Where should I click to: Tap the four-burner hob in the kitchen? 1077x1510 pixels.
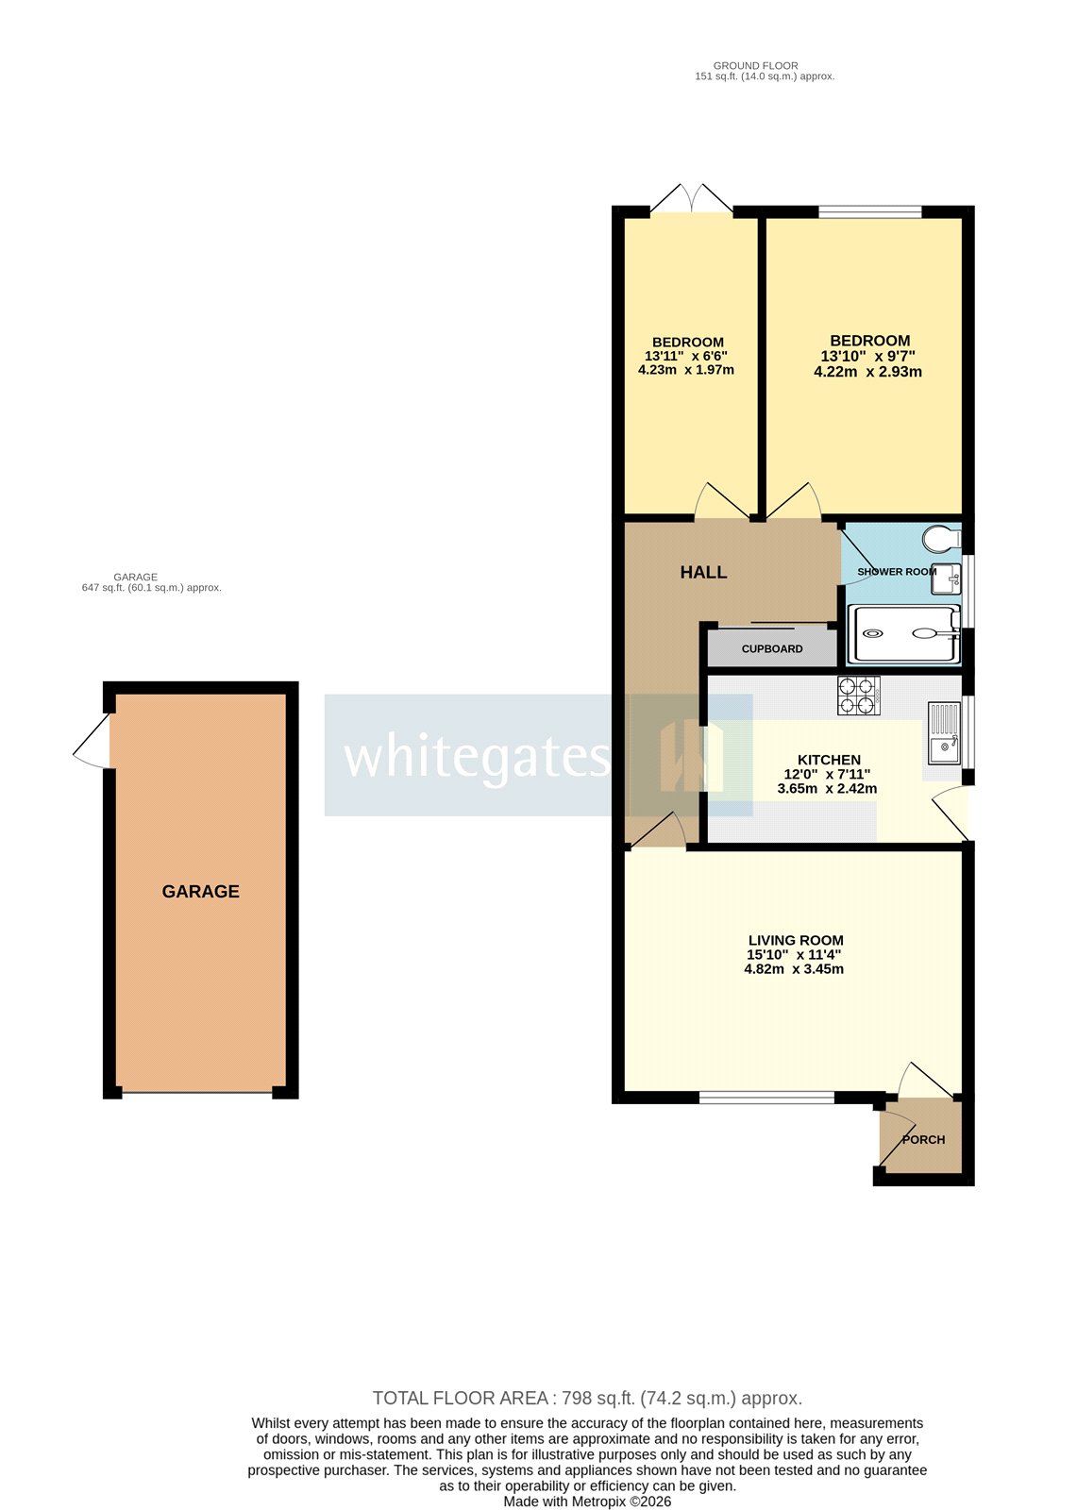tap(858, 695)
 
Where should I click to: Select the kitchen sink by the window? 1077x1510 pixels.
tap(943, 733)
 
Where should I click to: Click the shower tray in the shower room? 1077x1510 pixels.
tap(904, 634)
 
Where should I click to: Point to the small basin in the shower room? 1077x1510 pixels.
tap(945, 578)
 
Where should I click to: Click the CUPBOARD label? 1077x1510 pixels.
tap(772, 649)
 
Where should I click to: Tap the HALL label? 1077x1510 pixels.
tap(703, 572)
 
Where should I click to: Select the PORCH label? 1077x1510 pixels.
tap(923, 1139)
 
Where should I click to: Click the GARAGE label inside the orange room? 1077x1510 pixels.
tap(201, 891)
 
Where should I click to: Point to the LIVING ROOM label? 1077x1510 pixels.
tap(796, 940)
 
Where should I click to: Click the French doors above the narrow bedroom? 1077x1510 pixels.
tap(692, 200)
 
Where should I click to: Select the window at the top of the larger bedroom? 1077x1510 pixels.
tap(869, 212)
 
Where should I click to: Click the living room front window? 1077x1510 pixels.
tap(766, 1098)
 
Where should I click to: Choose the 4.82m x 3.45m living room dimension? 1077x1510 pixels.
tap(794, 968)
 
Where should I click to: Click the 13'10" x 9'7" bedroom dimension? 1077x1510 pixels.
tap(868, 356)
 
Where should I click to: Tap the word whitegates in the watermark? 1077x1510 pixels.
tap(477, 756)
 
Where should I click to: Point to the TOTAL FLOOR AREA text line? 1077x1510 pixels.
tap(587, 1398)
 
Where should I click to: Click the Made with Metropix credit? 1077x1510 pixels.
tap(587, 1502)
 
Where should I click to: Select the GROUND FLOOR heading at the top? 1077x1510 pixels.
tap(755, 66)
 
